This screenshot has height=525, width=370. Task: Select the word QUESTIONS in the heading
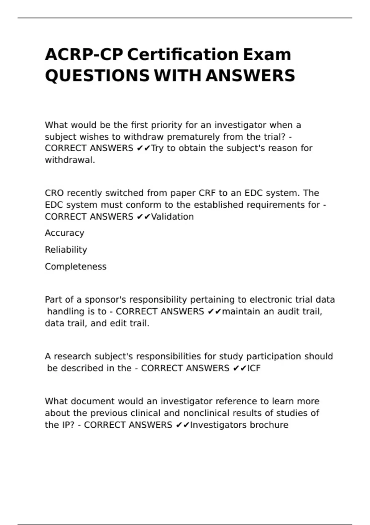point(97,76)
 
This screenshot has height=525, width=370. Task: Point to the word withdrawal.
point(70,160)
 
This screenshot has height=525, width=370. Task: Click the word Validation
point(172,217)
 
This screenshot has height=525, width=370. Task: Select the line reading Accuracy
point(64,233)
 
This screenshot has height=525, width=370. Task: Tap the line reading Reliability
point(66,250)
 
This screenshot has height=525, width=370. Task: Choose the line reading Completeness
point(76,267)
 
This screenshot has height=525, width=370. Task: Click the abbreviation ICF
point(254,368)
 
